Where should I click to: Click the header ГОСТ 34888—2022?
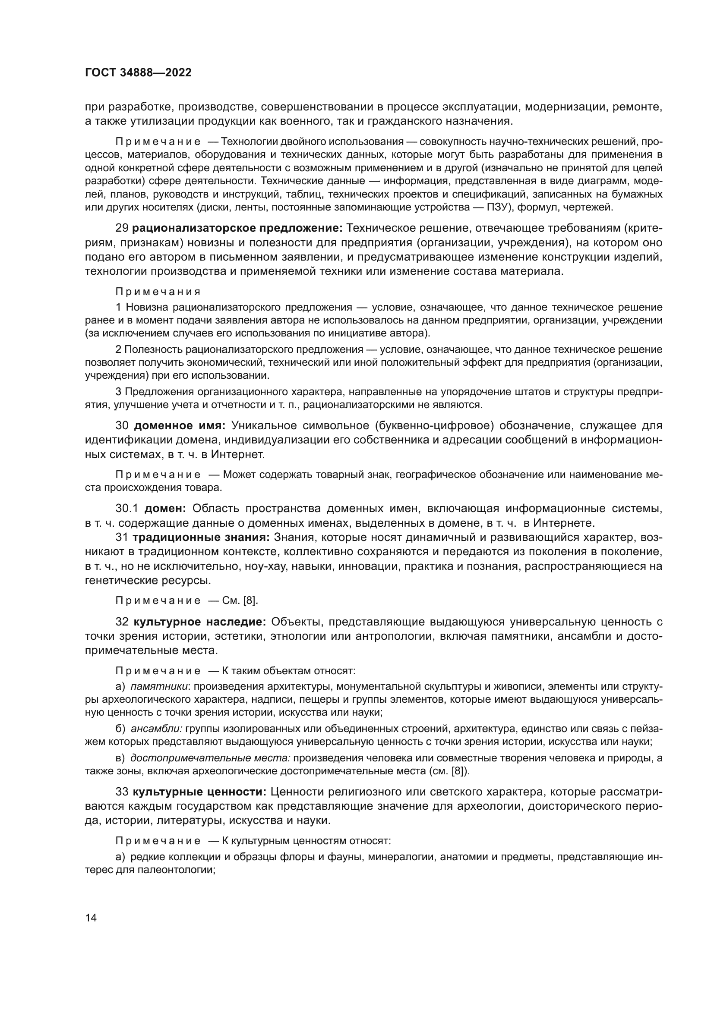click(138, 73)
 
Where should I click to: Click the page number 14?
click(91, 918)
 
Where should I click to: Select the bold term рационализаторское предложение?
click(237, 229)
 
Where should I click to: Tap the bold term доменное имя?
click(180, 426)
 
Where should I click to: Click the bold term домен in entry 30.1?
click(165, 509)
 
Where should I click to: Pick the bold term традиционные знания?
click(201, 538)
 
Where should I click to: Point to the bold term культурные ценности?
click(199, 792)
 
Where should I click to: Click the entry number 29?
click(122, 229)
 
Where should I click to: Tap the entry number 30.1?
click(127, 509)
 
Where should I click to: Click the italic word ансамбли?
click(157, 729)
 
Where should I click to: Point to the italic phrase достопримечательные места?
click(210, 758)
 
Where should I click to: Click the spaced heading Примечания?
click(158, 292)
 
